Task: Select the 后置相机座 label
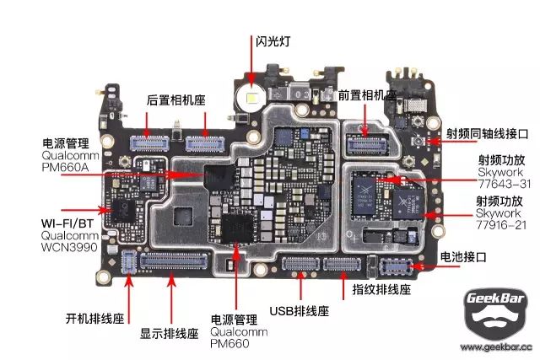(176, 98)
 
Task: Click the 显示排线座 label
(169, 333)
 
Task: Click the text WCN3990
(71, 249)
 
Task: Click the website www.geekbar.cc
(496, 347)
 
